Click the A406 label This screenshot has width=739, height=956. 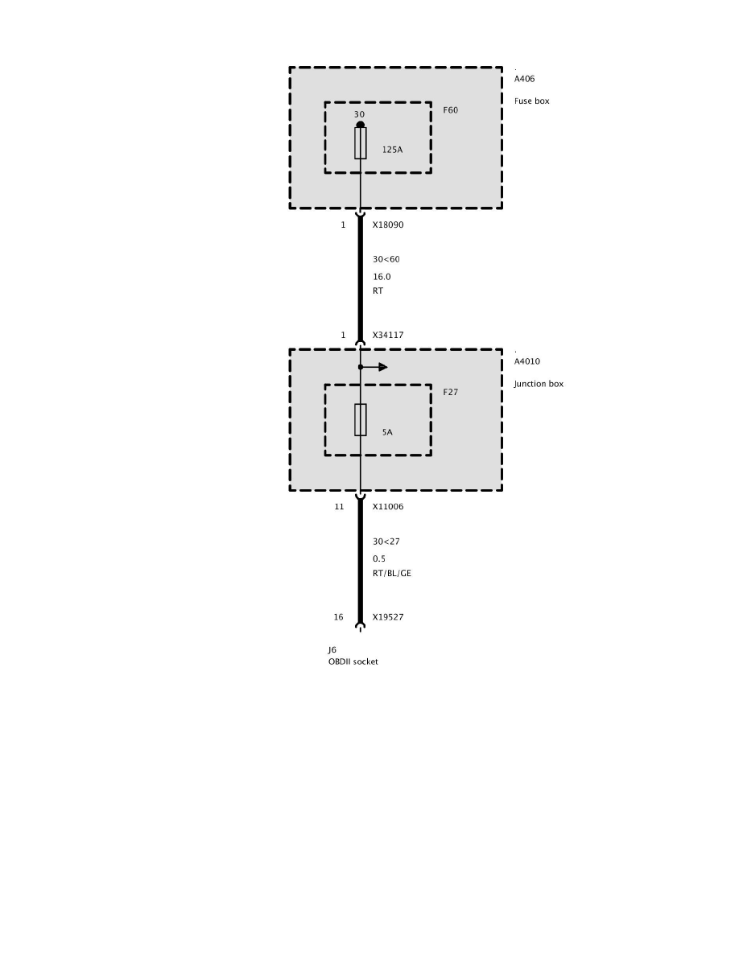(x=524, y=79)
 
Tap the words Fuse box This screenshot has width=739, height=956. (x=531, y=101)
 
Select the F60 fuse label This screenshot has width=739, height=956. (x=450, y=110)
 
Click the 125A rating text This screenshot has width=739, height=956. (x=393, y=150)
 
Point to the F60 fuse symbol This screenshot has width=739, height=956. (x=361, y=143)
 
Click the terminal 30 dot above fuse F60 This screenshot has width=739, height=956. (x=361, y=125)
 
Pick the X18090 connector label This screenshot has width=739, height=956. (x=387, y=225)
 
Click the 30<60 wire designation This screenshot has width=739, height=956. (x=386, y=259)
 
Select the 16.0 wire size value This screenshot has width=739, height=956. (x=381, y=276)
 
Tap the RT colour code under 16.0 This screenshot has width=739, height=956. (x=378, y=291)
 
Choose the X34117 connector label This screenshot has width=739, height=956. (x=387, y=335)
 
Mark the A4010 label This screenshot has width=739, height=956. (x=527, y=361)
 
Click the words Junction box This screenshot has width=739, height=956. (x=539, y=384)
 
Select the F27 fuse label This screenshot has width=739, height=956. (x=450, y=392)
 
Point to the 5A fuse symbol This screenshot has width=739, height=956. (x=361, y=420)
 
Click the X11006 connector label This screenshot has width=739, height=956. (x=387, y=507)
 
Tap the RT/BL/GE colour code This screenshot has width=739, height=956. (x=392, y=574)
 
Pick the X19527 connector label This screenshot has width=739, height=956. (x=387, y=618)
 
